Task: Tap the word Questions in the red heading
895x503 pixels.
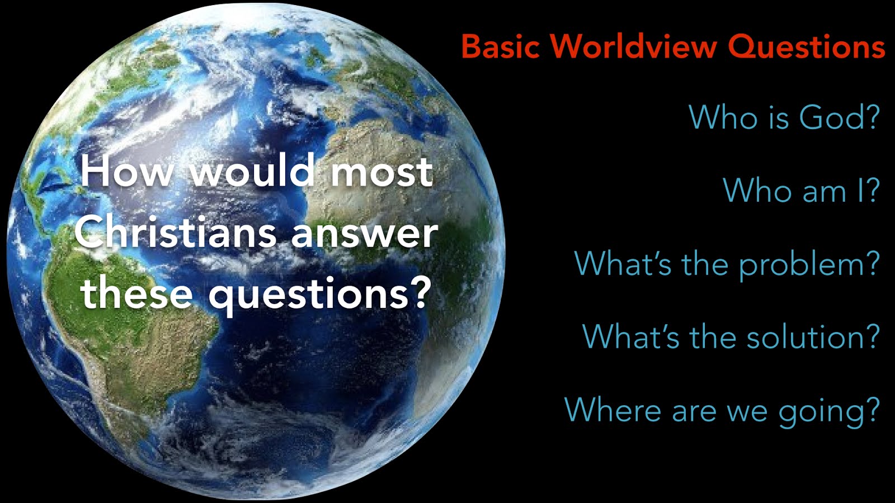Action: pos(807,47)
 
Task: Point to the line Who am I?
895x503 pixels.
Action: pos(802,190)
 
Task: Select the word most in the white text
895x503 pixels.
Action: pos(381,173)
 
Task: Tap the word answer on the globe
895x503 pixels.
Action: pos(364,235)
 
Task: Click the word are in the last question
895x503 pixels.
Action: pos(694,413)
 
